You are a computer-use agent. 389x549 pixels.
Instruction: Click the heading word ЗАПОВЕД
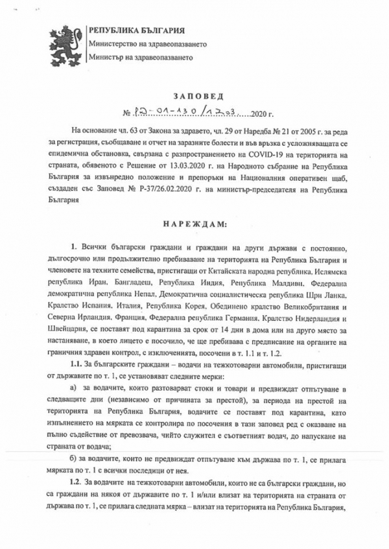194,95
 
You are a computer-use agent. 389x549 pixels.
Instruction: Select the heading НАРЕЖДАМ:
194,224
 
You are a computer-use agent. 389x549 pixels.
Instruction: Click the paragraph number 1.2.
76,483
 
